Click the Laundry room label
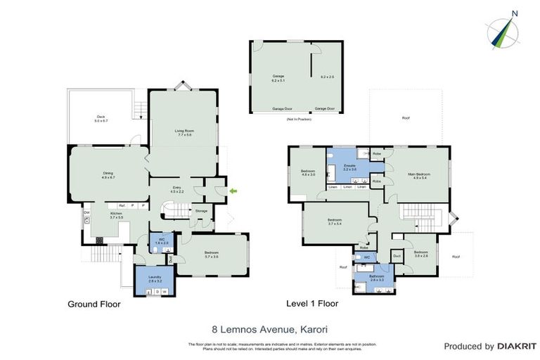(x=154, y=276)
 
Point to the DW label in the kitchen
(x=86, y=212)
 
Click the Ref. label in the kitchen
(x=122, y=205)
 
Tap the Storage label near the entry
(x=202, y=210)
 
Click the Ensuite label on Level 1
(x=349, y=165)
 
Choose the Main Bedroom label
(x=418, y=173)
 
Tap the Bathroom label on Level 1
(x=378, y=276)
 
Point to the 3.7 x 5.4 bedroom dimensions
(x=334, y=224)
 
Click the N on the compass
(x=515, y=13)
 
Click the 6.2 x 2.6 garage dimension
(x=328, y=76)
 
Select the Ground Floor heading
(x=94, y=304)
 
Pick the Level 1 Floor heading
(x=312, y=304)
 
